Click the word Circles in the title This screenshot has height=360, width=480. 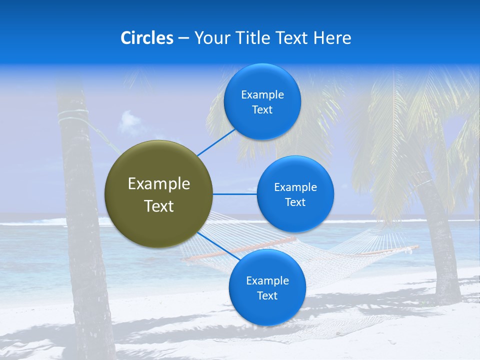[x=146, y=38]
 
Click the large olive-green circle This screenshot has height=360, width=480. [x=159, y=194]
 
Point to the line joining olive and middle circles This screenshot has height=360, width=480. [x=234, y=194]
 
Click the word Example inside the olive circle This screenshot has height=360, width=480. [x=159, y=184]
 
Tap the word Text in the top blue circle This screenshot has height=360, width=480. [x=262, y=110]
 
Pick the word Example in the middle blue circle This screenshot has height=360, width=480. [x=295, y=187]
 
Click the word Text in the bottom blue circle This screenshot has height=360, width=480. [x=267, y=296]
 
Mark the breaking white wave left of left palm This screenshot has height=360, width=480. [x=35, y=222]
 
